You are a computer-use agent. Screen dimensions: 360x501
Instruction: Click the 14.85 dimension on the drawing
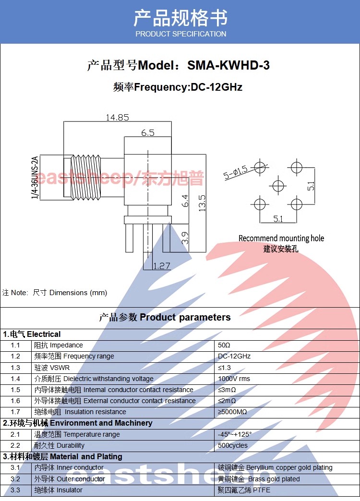117,118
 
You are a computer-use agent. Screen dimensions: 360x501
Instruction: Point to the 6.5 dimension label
148,132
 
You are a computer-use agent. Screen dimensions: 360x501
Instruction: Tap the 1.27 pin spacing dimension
161,266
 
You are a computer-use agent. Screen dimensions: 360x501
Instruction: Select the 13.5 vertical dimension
202,203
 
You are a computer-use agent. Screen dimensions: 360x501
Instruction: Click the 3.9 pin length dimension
185,238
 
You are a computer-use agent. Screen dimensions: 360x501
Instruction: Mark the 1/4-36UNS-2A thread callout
35,178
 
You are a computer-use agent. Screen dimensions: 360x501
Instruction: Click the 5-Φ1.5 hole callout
236,172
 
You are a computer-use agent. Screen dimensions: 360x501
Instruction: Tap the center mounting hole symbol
278,185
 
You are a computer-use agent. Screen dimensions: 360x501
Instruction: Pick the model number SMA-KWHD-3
228,65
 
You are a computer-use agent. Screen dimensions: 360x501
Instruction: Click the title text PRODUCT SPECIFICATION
180,34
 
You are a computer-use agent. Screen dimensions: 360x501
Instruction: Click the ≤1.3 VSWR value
224,368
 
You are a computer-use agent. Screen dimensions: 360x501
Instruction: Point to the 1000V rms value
234,379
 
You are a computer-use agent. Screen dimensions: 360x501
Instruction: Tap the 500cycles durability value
232,445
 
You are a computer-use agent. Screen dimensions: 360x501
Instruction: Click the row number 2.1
15,434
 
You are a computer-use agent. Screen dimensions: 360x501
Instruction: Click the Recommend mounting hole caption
281,239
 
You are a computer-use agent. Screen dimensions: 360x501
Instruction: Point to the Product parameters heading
185,317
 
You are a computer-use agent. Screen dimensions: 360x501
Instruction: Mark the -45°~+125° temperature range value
235,434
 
